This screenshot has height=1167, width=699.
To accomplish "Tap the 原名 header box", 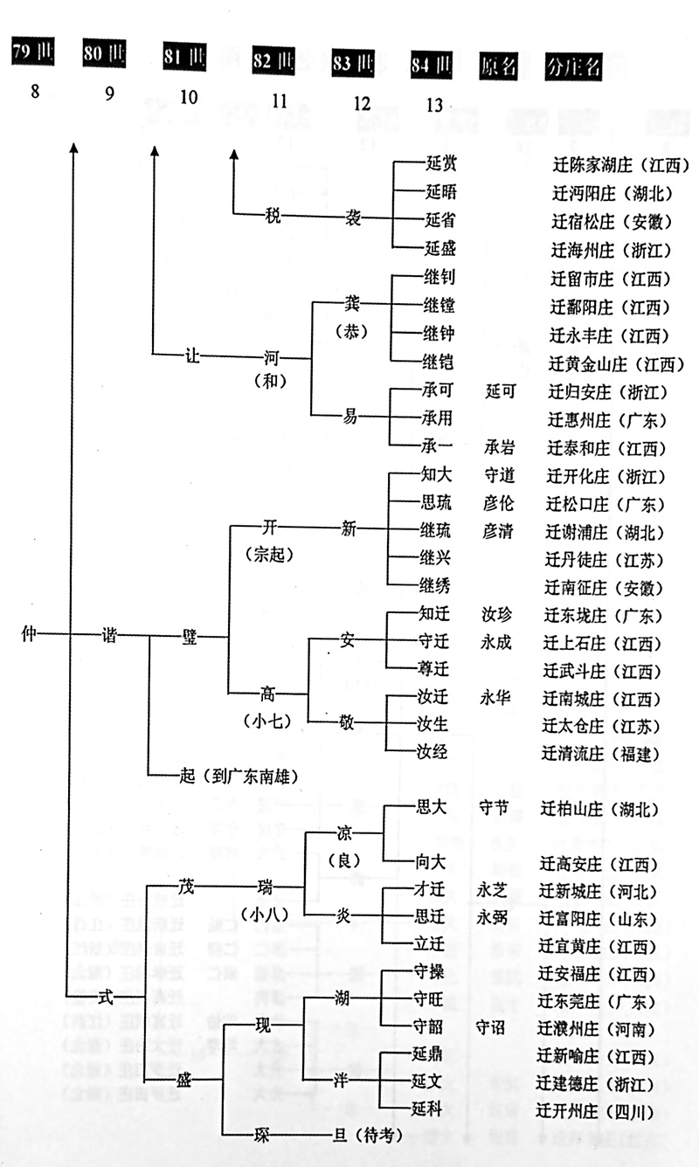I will (x=500, y=66).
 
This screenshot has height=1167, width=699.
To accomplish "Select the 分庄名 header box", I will (x=572, y=66).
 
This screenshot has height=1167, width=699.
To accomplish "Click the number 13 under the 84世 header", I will (x=434, y=104).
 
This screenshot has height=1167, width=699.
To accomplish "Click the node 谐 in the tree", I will (x=111, y=635).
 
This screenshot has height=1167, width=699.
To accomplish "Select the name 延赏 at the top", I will (x=438, y=162).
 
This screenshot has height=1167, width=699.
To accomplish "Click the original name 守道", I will (x=499, y=476).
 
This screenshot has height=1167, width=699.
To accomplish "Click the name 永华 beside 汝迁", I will (x=497, y=699).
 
